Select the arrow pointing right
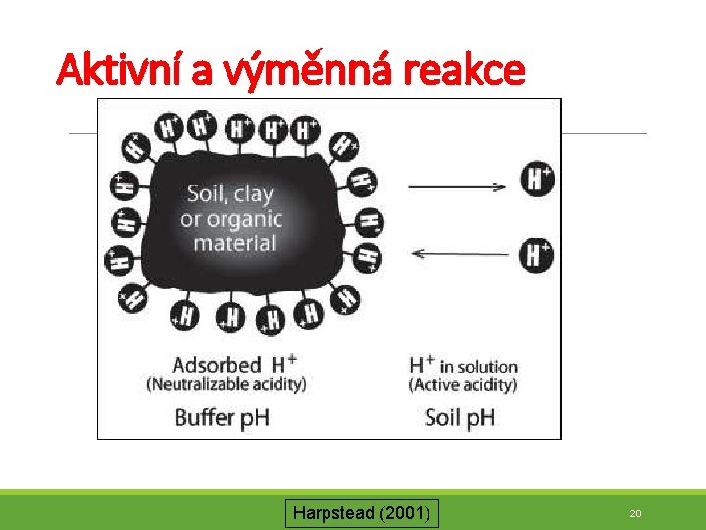click(x=456, y=185)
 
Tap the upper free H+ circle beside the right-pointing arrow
click(x=537, y=180)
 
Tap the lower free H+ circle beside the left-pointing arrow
click(x=537, y=256)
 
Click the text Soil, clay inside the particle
click(x=230, y=194)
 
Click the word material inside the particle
click(x=235, y=242)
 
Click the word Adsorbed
click(x=217, y=365)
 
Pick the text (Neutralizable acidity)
click(x=227, y=384)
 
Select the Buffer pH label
click(x=222, y=417)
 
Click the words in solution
click(x=478, y=367)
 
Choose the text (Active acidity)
click(x=462, y=384)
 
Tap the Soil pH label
click(x=460, y=417)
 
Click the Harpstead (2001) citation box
click(x=363, y=512)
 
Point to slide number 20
click(x=635, y=513)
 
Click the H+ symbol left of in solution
click(x=423, y=365)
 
